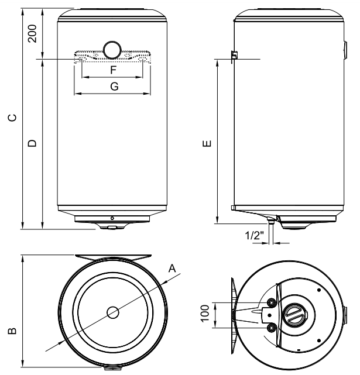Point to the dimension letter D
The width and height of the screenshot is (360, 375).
pos(33,142)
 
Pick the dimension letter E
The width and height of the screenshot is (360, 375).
pos(205,142)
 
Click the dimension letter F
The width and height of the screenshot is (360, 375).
pos(114,70)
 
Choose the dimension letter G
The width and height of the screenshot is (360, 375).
pos(114,86)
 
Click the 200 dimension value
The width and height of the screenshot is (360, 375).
pos(33,35)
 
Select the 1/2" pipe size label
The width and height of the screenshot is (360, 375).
pos(255,235)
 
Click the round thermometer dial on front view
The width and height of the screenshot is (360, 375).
pos(111,50)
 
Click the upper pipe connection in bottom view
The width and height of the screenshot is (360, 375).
pos(271,302)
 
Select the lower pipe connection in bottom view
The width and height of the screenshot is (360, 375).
pos(271,328)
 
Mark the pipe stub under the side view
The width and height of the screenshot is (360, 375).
pos(272,225)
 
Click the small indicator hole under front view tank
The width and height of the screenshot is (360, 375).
pos(112,218)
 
